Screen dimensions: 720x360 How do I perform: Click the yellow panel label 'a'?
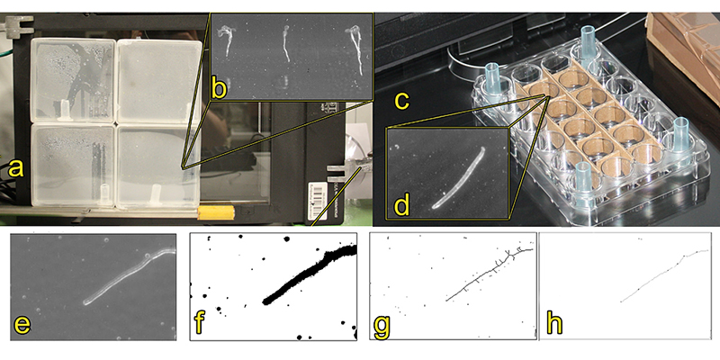15,168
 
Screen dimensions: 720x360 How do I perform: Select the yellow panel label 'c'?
401,102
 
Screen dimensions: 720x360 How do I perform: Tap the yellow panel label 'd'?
402,205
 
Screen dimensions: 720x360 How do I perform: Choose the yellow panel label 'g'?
382,325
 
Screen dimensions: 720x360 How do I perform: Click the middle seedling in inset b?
285,43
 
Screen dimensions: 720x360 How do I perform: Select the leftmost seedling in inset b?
226,40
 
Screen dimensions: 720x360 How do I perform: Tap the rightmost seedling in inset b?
355,50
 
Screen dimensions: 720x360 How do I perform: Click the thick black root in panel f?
309,275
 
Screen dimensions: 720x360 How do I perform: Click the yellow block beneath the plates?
216,212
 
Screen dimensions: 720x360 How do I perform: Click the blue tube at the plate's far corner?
588,41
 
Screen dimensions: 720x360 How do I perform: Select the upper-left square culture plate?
73,80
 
